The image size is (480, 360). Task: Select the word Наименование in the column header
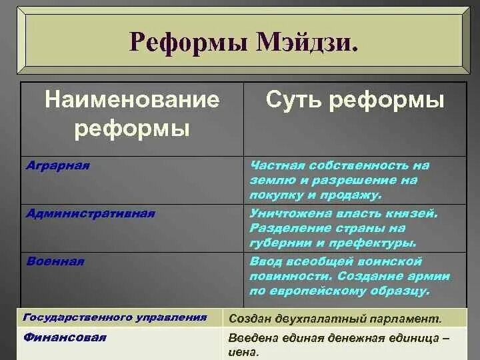131,101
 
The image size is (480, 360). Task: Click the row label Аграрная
57,165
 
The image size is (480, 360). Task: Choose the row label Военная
55,261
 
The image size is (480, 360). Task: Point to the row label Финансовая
65,337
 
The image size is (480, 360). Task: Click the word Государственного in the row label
67,317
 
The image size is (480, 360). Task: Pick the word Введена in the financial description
252,338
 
